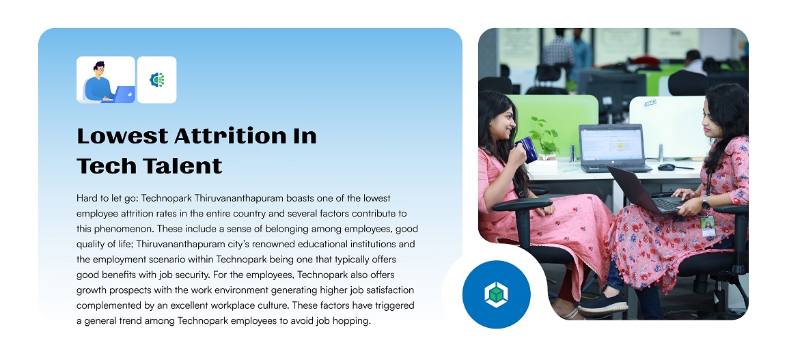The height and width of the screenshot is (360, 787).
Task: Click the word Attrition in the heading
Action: (232, 136)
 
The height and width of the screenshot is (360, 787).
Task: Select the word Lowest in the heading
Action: (122, 136)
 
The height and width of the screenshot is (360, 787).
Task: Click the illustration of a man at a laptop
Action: (106, 80)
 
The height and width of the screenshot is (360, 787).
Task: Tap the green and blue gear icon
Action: (156, 80)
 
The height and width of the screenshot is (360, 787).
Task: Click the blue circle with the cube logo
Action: (496, 294)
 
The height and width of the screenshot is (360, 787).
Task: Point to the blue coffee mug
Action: (527, 150)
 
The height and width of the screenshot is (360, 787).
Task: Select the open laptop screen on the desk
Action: (612, 143)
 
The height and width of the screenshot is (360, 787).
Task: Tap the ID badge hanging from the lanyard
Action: (708, 226)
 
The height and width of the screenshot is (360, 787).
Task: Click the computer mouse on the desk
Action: (667, 167)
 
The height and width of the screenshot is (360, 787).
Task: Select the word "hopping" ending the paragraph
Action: (353, 321)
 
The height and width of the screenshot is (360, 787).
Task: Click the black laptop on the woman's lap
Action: (646, 191)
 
